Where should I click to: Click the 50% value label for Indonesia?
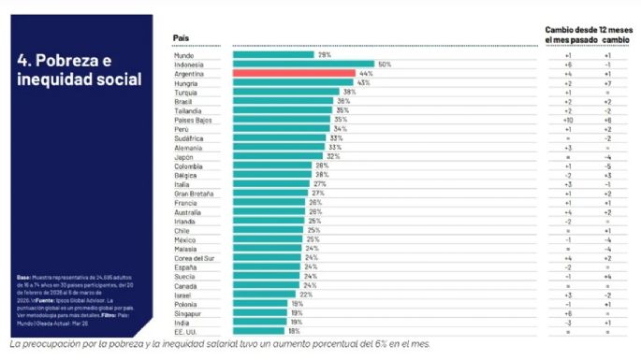(x=384, y=64)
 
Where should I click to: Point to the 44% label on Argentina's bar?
(x=365, y=73)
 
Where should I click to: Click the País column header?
(x=182, y=37)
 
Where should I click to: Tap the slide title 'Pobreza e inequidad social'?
(x=79, y=70)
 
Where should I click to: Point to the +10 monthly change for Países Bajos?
(x=568, y=119)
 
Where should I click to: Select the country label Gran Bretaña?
(x=191, y=193)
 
